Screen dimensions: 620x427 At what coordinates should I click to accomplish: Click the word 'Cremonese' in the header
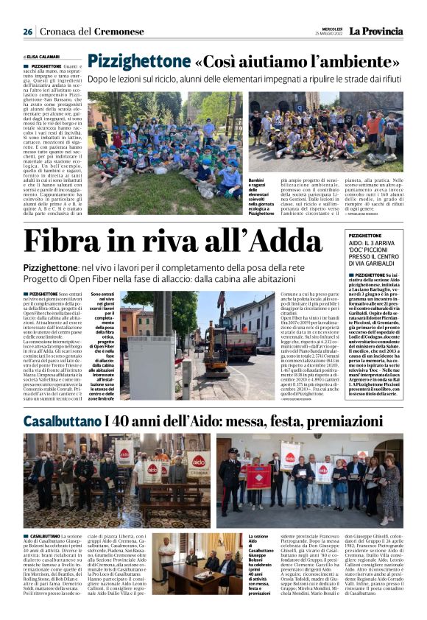click(x=118, y=32)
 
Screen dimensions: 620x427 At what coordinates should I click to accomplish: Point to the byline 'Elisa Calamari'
click(x=43, y=56)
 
